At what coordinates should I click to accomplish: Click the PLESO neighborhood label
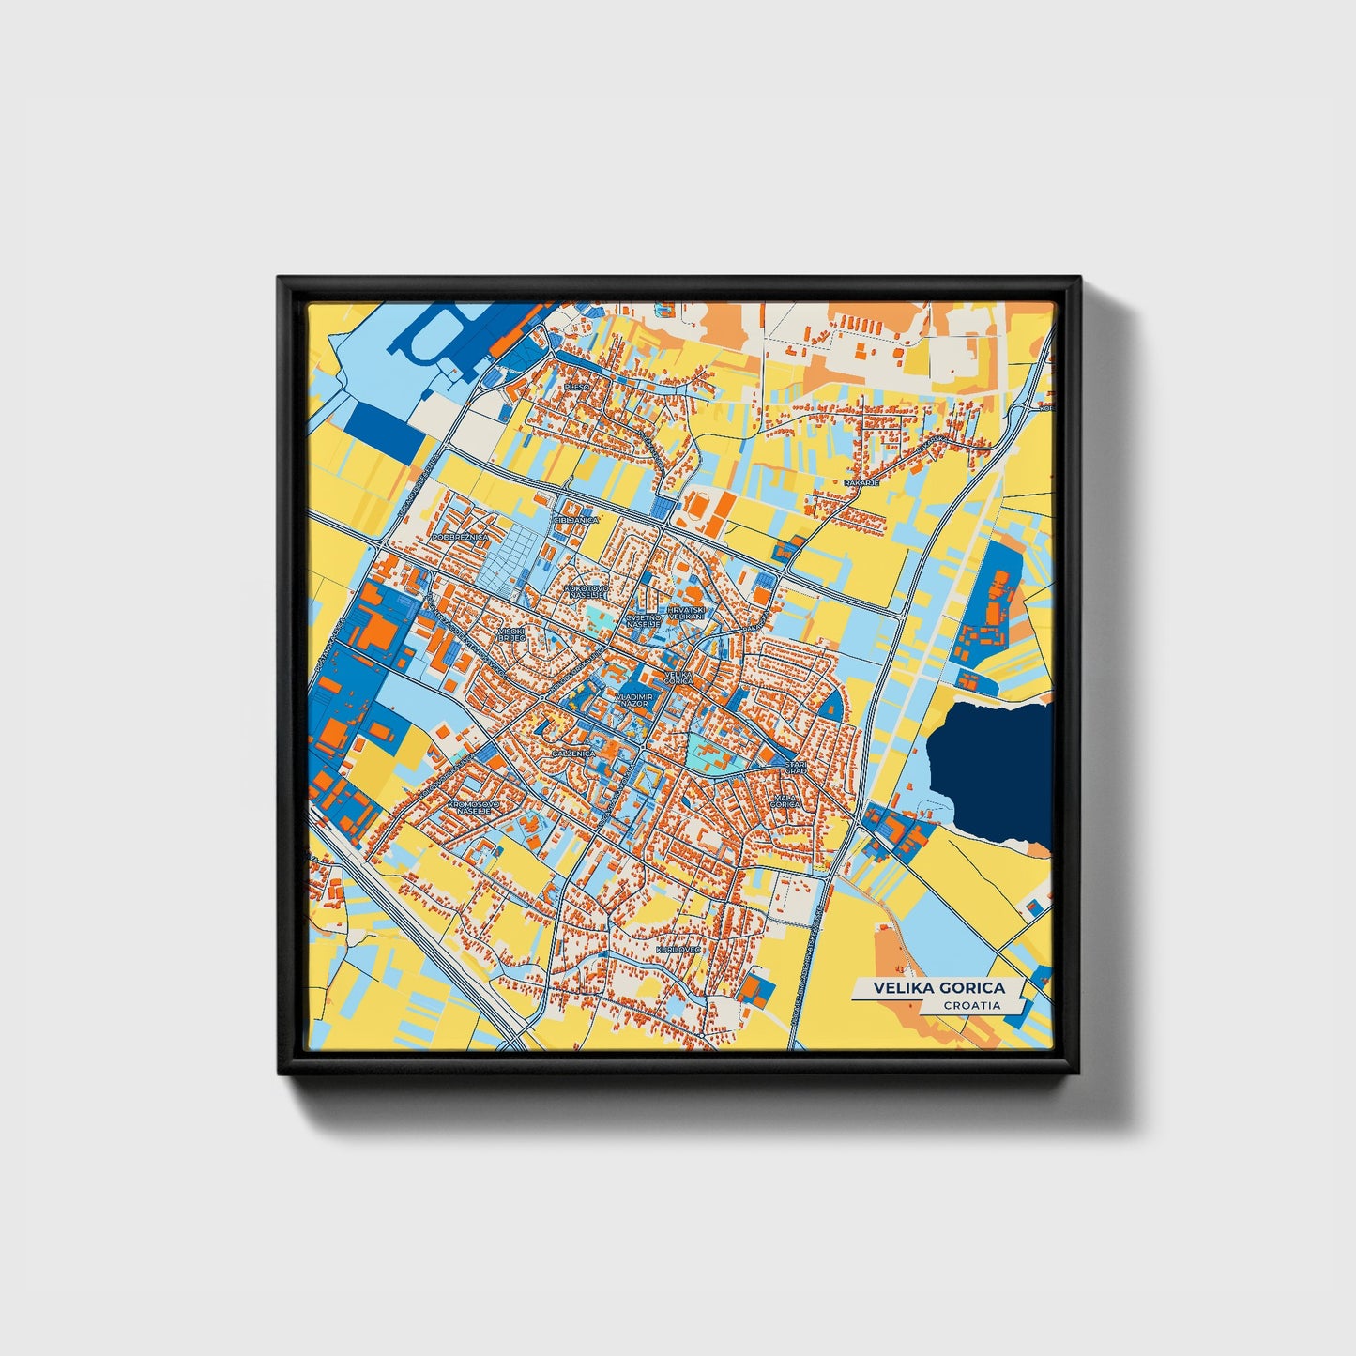click(575, 386)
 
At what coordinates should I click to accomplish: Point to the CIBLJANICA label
click(576, 519)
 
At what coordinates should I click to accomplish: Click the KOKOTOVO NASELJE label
click(587, 591)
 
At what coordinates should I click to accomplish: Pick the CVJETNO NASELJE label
click(644, 620)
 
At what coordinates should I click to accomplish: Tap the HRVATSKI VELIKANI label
click(685, 612)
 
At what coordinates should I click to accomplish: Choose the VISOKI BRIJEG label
click(511, 634)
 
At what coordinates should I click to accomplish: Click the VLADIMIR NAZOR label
click(634, 700)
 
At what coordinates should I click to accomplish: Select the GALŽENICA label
click(573, 754)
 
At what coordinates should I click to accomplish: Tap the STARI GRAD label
click(796, 768)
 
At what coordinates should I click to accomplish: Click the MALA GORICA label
click(785, 801)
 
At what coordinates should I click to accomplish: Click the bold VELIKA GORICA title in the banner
click(938, 988)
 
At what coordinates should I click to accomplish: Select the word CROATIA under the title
click(972, 1005)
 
